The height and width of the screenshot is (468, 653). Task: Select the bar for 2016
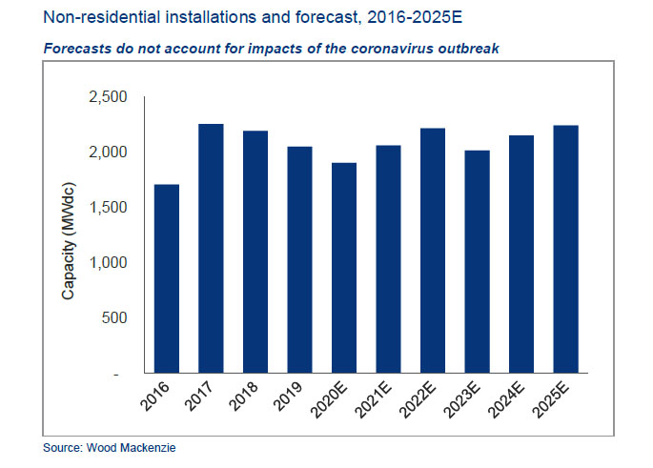coord(167,278)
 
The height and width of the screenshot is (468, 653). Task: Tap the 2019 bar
coord(301,260)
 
